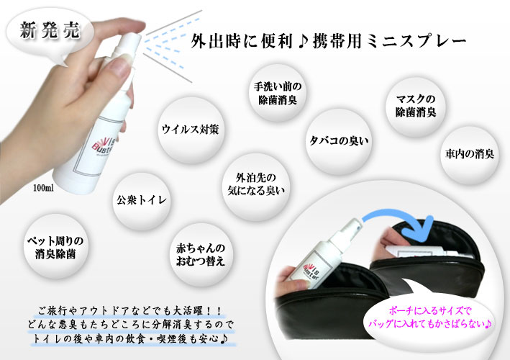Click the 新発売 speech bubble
(x=50, y=32)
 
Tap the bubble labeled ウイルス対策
(x=191, y=130)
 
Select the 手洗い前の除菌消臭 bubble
(x=278, y=94)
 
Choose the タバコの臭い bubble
(x=339, y=141)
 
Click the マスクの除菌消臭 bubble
(x=415, y=107)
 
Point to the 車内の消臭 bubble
(x=470, y=154)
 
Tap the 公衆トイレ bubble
(x=142, y=200)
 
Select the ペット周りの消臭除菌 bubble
(x=55, y=247)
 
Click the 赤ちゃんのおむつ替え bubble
(x=201, y=255)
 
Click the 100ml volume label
(x=44, y=188)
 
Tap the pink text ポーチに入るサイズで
(x=430, y=311)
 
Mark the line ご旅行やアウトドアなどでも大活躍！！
(x=130, y=311)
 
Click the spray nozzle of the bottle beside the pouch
(x=355, y=225)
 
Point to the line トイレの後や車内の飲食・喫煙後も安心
(x=130, y=339)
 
